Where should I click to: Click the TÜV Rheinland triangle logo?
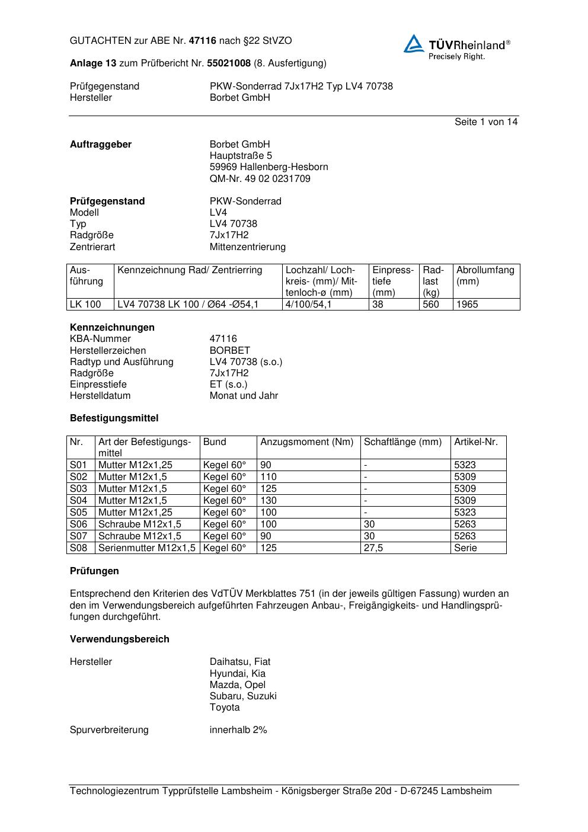pos(414,44)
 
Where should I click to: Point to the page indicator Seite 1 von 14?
pos(485,121)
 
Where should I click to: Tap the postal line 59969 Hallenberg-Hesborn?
pos(269,167)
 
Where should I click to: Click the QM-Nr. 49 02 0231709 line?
pos(260,178)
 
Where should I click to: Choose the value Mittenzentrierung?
pos(247,247)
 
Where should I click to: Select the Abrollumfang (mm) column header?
pos(485,276)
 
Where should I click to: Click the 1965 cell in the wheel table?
pos(467,304)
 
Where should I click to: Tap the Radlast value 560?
pos(431,304)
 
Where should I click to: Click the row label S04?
pos(78,500)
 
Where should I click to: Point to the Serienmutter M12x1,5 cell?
pos(146,548)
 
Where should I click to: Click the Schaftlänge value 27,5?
pos(373,548)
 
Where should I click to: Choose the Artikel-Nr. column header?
pos(476,441)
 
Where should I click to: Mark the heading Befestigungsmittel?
pos(114,418)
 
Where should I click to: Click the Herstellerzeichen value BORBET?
pos(229,350)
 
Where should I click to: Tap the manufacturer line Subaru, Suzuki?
pos(243,696)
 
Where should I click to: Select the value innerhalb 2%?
pos(238,729)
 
